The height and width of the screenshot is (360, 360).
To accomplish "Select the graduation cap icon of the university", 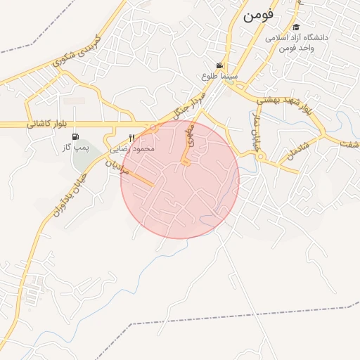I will [x=295, y=27].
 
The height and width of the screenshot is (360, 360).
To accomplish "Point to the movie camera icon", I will [x=221, y=65].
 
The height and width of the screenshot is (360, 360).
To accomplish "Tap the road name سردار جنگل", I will [x=192, y=103].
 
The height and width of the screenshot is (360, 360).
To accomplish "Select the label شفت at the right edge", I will [x=349, y=144].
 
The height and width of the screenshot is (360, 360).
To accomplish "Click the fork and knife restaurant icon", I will [x=131, y=138].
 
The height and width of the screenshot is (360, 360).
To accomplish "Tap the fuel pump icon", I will [x=75, y=137].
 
